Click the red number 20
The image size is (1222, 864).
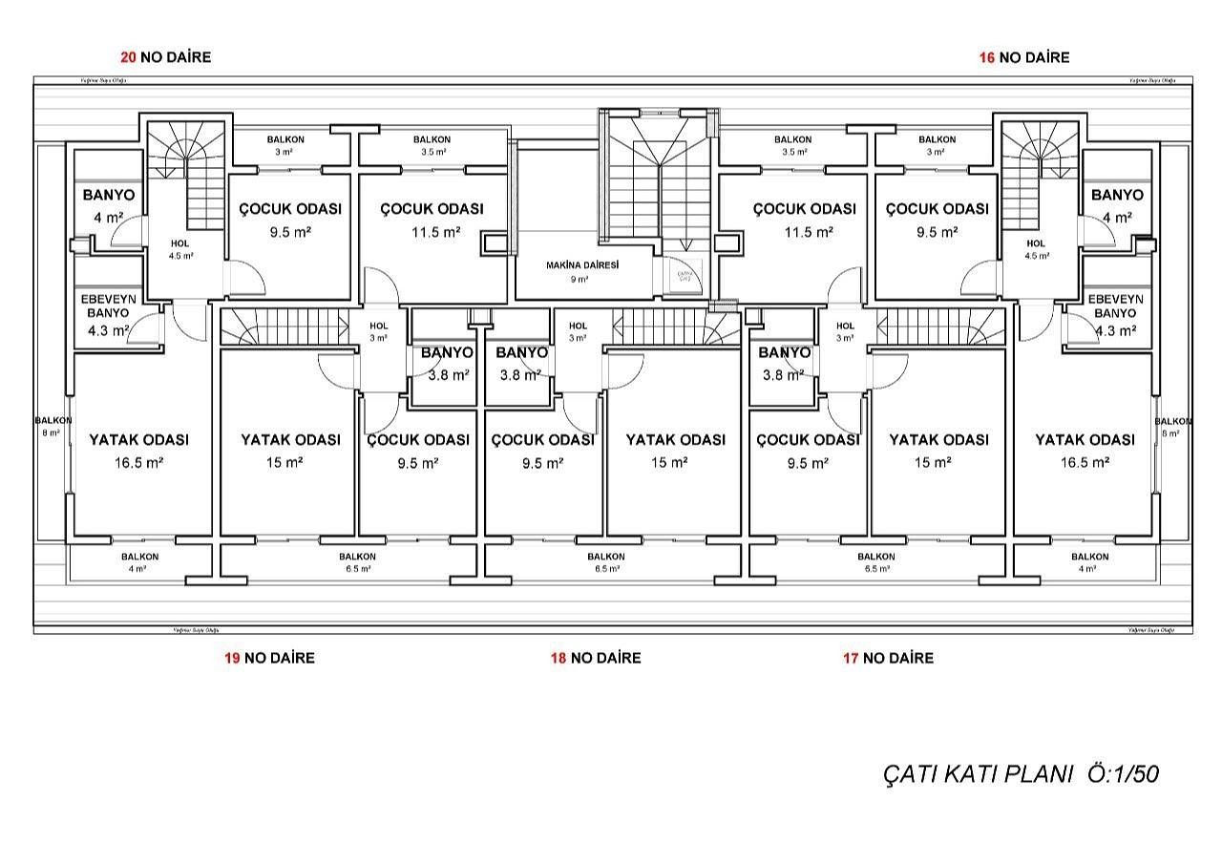[128, 57]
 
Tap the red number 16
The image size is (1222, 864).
[987, 57]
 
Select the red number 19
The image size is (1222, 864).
[232, 658]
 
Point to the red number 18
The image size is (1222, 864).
[558, 658]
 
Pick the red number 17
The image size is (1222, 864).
[851, 658]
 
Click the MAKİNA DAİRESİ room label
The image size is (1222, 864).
[581, 265]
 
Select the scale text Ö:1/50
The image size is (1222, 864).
[1124, 774]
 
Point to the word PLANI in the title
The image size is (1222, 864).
[1040, 774]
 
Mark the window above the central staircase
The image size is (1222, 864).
[658, 111]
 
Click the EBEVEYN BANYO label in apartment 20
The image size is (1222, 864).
[108, 306]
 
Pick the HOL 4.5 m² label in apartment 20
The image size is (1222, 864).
[180, 249]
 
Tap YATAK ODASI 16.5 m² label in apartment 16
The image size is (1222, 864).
[1085, 450]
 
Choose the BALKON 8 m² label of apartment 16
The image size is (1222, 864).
[1172, 427]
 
